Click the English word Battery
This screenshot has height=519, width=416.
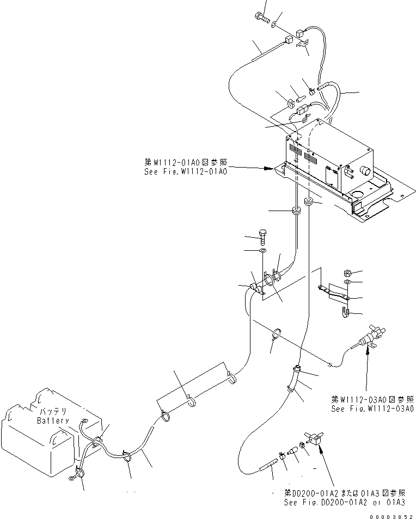tap(53, 421)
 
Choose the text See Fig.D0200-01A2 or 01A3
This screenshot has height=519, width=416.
tap(344, 502)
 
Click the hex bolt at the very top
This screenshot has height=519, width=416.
tap(261, 18)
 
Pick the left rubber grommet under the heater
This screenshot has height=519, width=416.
tap(297, 211)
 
